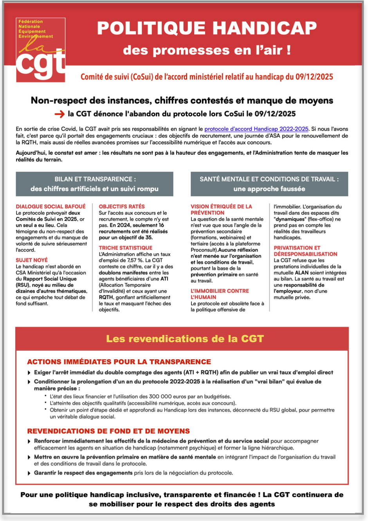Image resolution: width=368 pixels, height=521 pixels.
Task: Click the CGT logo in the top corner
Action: click(x=41, y=50)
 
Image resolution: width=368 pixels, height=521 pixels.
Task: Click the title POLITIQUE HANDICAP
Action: click(x=207, y=28)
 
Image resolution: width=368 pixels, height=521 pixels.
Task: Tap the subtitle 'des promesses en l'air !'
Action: click(x=207, y=50)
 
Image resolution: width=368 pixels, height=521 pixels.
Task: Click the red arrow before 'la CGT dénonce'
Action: click(x=60, y=114)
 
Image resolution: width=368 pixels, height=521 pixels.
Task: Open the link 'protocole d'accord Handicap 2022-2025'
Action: click(x=256, y=129)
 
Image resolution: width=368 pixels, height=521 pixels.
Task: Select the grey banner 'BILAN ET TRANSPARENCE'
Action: click(x=94, y=184)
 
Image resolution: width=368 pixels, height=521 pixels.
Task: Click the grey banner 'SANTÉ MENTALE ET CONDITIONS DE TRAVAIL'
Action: click(x=269, y=184)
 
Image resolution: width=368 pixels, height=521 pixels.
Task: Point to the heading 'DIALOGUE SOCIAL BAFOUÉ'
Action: click(x=51, y=206)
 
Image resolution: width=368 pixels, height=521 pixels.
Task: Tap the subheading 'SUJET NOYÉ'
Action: click(x=32, y=260)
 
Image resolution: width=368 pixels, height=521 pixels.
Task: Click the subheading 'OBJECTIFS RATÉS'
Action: click(x=122, y=206)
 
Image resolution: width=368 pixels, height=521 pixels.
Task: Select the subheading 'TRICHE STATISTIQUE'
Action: click(x=125, y=248)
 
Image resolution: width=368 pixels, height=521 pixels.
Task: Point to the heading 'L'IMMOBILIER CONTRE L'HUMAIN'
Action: click(x=220, y=294)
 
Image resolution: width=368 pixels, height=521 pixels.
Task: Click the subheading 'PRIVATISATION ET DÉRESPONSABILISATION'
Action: click(x=305, y=251)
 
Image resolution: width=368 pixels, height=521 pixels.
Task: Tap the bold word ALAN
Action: click(x=302, y=273)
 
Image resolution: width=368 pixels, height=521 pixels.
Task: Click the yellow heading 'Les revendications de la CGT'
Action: click(x=185, y=339)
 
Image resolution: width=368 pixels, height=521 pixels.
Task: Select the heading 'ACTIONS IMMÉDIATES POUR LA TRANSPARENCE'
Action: click(x=119, y=362)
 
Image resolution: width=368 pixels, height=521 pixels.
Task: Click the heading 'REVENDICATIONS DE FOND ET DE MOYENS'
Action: click(x=108, y=431)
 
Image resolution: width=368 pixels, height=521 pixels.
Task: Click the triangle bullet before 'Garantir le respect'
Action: click(x=29, y=473)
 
